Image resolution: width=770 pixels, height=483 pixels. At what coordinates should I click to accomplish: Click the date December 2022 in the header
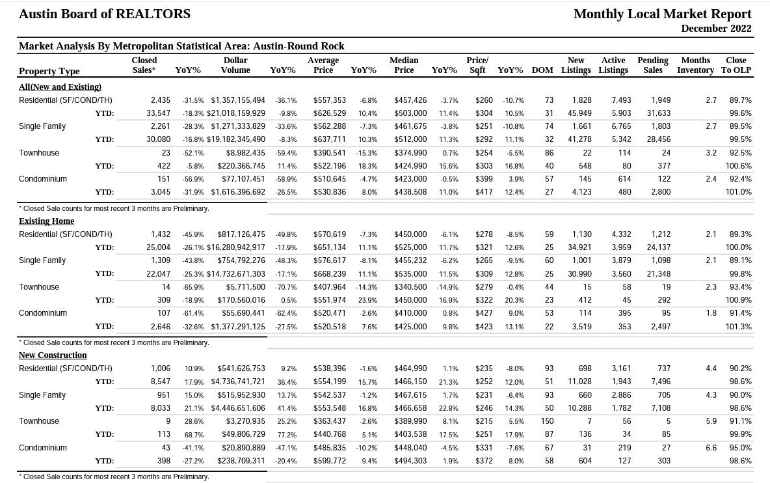tap(716, 29)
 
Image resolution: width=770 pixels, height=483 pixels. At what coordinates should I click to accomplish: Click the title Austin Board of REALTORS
tap(105, 14)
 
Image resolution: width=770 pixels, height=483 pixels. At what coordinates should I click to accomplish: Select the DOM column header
tap(542, 70)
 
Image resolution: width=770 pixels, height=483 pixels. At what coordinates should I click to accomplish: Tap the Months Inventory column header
tap(695, 65)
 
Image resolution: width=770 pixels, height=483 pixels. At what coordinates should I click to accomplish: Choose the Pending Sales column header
tap(653, 65)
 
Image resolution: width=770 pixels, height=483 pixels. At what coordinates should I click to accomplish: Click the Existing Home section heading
tap(47, 221)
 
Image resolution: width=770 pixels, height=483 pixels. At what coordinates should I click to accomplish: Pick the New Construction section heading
tap(53, 355)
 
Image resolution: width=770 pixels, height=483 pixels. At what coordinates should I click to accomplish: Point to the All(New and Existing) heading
tap(60, 87)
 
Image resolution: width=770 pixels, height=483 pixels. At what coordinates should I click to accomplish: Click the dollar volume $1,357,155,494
tap(238, 100)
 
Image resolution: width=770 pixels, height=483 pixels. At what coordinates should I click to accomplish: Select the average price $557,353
tap(330, 100)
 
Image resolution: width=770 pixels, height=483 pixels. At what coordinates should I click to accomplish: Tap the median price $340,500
tap(410, 287)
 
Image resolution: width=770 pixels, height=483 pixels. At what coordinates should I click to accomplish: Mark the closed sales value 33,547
tap(158, 113)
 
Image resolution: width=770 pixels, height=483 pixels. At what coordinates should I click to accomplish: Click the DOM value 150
tap(547, 421)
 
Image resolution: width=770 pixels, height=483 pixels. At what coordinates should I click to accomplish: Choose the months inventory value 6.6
tap(711, 448)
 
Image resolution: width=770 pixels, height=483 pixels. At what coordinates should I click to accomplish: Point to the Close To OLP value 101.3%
tap(739, 326)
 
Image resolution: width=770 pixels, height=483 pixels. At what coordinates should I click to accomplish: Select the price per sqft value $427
tap(484, 313)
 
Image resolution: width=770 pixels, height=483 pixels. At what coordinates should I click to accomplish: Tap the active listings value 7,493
tap(621, 100)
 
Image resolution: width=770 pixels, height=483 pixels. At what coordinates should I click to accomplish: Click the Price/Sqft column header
tap(477, 65)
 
